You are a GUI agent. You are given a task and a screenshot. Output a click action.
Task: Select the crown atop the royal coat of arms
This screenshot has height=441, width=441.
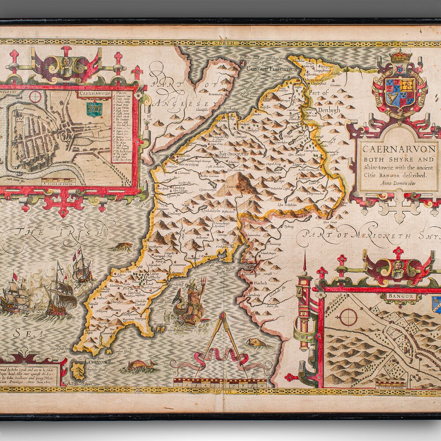click(401, 56)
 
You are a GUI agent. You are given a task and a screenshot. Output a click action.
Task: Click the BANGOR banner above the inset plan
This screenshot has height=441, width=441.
click(401, 296)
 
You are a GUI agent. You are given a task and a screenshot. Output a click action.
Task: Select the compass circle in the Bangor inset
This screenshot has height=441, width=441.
click(348, 317)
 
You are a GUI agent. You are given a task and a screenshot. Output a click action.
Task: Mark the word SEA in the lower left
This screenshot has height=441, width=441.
click(22, 333)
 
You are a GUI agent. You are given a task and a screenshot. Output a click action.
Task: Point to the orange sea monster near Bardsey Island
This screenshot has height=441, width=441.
click(141, 365)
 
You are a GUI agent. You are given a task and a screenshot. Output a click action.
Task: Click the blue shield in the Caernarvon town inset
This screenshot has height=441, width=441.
click(94, 108)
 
